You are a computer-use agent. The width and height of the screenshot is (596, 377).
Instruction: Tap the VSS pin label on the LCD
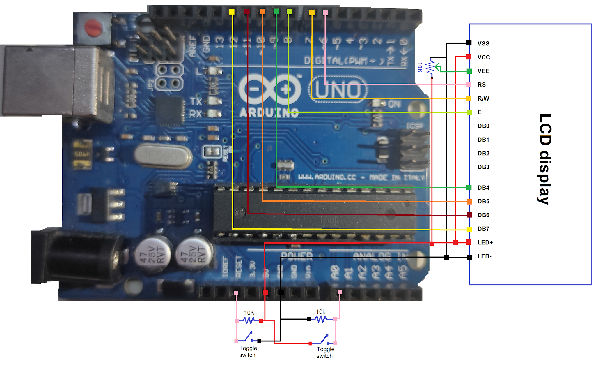pyautogui.click(x=483, y=43)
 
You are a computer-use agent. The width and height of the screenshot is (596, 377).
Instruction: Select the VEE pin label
pyautogui.click(x=483, y=71)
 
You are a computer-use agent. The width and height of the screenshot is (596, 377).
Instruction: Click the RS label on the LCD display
pyautogui.click(x=482, y=85)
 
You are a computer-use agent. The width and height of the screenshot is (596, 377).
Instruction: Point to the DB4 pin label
pyautogui.click(x=483, y=188)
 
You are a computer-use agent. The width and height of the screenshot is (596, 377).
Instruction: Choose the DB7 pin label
pyautogui.click(x=483, y=229)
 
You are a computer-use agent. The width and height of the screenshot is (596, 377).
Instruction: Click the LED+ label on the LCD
pyautogui.click(x=485, y=242)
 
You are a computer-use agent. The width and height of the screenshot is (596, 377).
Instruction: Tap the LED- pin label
pyautogui.click(x=484, y=256)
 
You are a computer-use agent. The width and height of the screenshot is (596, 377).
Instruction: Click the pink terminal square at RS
pyautogui.click(x=469, y=84)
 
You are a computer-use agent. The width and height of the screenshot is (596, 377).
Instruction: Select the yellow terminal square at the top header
pyautogui.click(x=232, y=12)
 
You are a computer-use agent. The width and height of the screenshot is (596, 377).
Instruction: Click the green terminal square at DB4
pyautogui.click(x=469, y=187)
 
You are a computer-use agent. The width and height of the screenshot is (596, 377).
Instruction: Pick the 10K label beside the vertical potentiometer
pyautogui.click(x=420, y=67)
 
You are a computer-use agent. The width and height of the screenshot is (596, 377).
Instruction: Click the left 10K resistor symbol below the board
pyautogui.click(x=249, y=320)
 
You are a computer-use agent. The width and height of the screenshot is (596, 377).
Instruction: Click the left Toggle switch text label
pyautogui.click(x=248, y=351)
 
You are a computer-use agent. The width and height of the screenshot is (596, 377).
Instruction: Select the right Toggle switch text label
pyautogui.click(x=325, y=352)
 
